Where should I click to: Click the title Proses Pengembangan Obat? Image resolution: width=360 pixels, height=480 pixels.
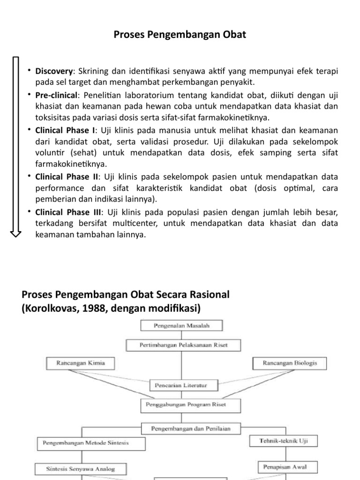(x=180, y=35)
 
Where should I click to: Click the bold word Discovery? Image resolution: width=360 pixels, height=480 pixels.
(x=54, y=71)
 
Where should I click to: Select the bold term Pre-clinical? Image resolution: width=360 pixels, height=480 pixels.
(x=56, y=95)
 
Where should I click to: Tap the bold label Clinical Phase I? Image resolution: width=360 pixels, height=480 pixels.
(x=65, y=130)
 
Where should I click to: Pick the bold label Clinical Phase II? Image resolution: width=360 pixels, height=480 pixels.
(x=66, y=177)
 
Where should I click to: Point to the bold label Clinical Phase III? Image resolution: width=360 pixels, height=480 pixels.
(x=67, y=212)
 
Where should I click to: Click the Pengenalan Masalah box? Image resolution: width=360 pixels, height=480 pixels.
(x=181, y=325)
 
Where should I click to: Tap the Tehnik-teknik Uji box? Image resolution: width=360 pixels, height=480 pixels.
(x=282, y=441)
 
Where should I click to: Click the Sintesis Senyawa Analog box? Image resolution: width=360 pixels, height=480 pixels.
(x=81, y=468)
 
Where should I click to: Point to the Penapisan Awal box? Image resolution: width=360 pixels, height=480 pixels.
(x=282, y=467)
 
